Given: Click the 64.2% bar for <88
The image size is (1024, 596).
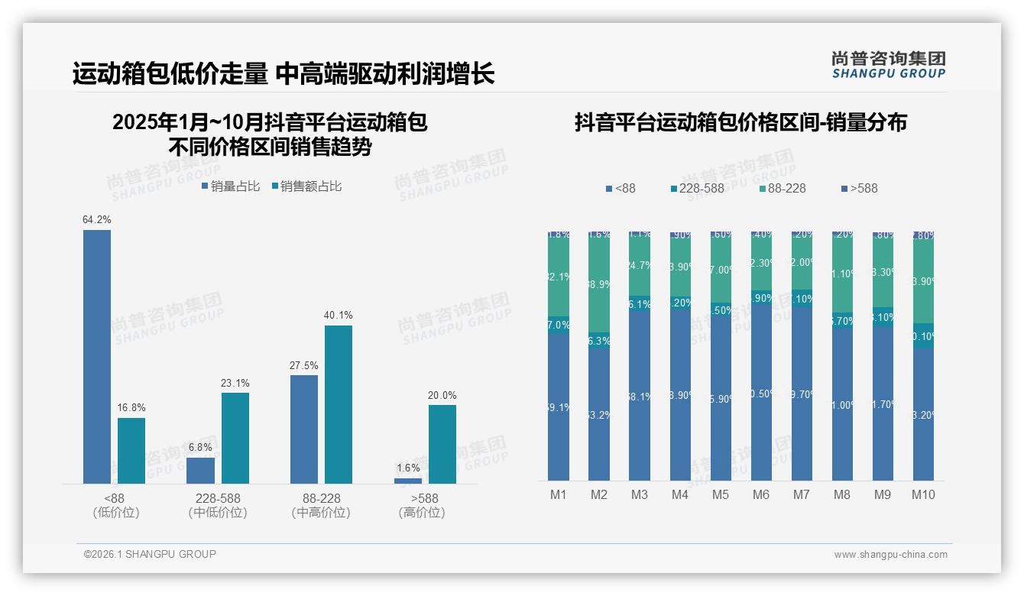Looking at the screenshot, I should pyautogui.click(x=97, y=356).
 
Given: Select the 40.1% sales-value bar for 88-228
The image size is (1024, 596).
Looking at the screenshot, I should pyautogui.click(x=339, y=404).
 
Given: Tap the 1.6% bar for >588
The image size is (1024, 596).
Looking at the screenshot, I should pyautogui.click(x=408, y=481).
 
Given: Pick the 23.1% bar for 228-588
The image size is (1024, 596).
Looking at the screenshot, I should pyautogui.click(x=235, y=438).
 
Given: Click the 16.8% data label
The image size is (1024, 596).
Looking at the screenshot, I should pyautogui.click(x=131, y=408).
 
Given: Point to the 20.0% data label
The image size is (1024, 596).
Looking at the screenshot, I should pyautogui.click(x=442, y=395).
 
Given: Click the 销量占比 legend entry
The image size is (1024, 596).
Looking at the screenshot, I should pyautogui.click(x=231, y=186).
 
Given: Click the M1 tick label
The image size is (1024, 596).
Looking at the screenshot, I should pyautogui.click(x=559, y=494).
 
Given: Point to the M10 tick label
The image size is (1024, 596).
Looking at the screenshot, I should pyautogui.click(x=923, y=494).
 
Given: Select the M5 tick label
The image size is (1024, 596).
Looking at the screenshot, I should pyautogui.click(x=721, y=494).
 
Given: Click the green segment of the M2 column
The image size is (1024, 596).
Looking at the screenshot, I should pyautogui.click(x=599, y=283).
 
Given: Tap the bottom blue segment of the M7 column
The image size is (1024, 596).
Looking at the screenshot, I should pyautogui.click(x=802, y=394).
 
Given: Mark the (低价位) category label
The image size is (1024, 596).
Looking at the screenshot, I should pyautogui.click(x=115, y=513).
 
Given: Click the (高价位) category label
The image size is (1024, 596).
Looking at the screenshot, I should pyautogui.click(x=421, y=513).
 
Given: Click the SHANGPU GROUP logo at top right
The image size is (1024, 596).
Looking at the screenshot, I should pyautogui.click(x=888, y=65).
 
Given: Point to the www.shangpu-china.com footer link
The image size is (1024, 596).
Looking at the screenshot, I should pyautogui.click(x=890, y=555).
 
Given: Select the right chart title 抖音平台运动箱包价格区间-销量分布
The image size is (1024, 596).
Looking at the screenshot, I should pyautogui.click(x=740, y=123).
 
